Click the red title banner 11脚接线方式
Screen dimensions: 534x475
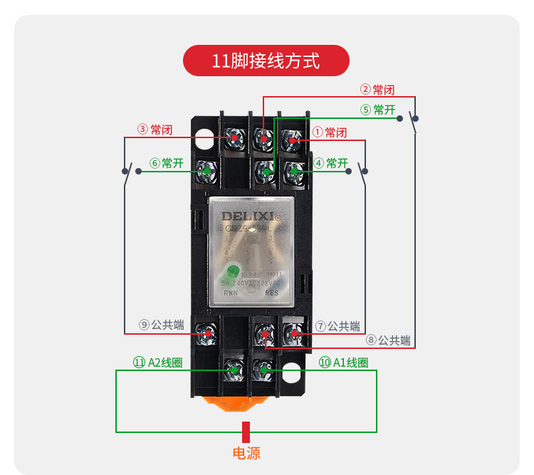266,61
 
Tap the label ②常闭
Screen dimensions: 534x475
377,90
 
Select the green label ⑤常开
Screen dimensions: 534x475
377,110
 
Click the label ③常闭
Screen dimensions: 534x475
155,130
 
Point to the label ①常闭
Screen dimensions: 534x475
330,132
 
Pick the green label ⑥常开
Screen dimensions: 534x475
167,163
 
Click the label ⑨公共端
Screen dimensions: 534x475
162,325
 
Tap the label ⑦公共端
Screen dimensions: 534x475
337,325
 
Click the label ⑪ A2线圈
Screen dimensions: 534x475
157,362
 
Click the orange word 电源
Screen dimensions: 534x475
246,452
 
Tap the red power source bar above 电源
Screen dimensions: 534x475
246,432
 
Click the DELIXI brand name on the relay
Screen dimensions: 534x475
246,215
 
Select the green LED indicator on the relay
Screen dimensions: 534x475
232,271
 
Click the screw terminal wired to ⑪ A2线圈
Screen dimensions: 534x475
233,370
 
